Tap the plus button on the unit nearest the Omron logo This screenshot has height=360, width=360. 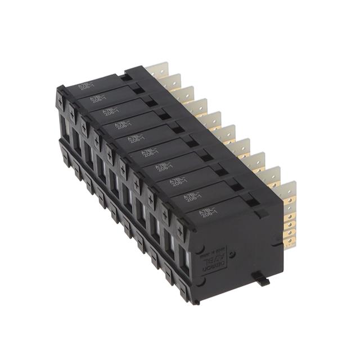(181, 231)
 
